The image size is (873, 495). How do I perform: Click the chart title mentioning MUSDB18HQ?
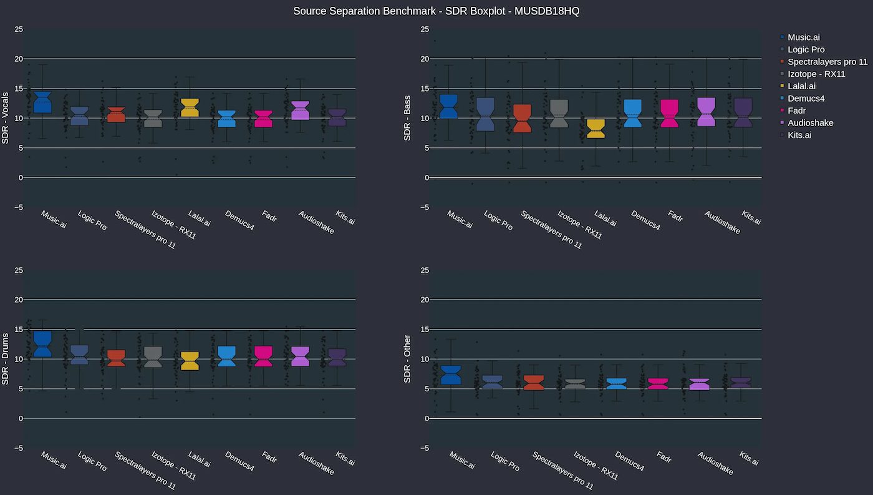[436, 11]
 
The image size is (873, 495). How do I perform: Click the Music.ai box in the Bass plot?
[448, 106]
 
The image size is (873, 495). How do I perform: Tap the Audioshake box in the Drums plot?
[300, 356]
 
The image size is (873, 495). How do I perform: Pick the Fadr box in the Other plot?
[658, 384]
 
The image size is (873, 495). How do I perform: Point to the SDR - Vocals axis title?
[6, 118]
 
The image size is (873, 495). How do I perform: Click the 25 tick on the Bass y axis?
[425, 29]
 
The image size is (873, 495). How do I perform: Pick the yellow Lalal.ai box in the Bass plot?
[596, 129]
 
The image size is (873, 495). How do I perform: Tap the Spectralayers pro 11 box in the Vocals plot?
[116, 115]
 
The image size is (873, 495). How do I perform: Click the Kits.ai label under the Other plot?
[749, 459]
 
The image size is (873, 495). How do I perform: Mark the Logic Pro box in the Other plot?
[493, 382]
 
